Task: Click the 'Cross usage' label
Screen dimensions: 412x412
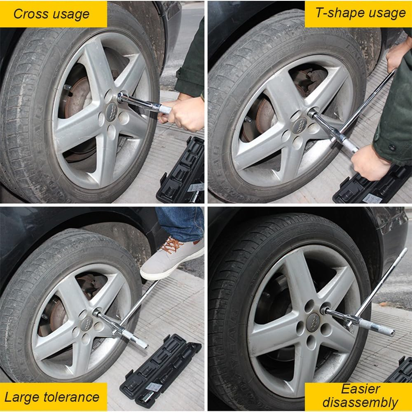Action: point(51,14)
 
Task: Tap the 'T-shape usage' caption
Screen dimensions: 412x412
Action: point(360,13)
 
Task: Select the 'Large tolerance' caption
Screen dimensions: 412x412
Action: point(52,397)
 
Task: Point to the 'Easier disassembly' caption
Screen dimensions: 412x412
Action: point(360,396)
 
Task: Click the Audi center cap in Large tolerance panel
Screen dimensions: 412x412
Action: point(86,324)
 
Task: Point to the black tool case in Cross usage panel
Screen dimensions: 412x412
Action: point(183,173)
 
